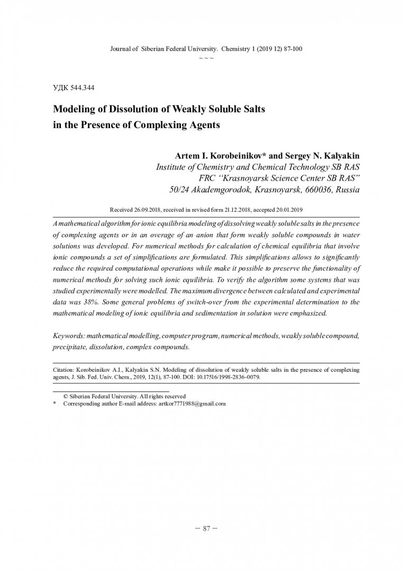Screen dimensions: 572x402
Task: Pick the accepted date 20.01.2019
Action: [x=288, y=209]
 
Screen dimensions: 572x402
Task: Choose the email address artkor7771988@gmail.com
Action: [x=191, y=404]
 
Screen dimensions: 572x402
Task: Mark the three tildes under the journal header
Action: [x=206, y=57]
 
